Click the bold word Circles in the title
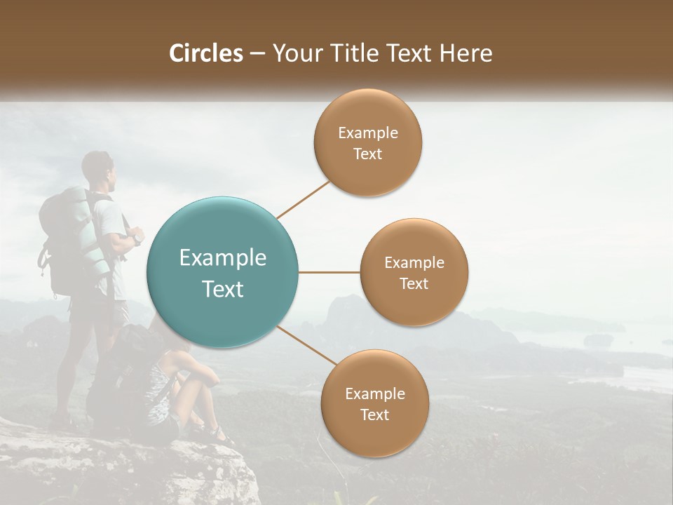(206, 53)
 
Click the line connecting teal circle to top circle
(303, 199)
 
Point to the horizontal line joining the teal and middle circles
(329, 272)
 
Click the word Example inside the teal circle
(222, 258)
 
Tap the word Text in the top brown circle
(367, 154)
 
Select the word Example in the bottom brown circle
(374, 394)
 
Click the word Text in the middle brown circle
(414, 284)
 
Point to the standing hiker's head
(97, 167)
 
